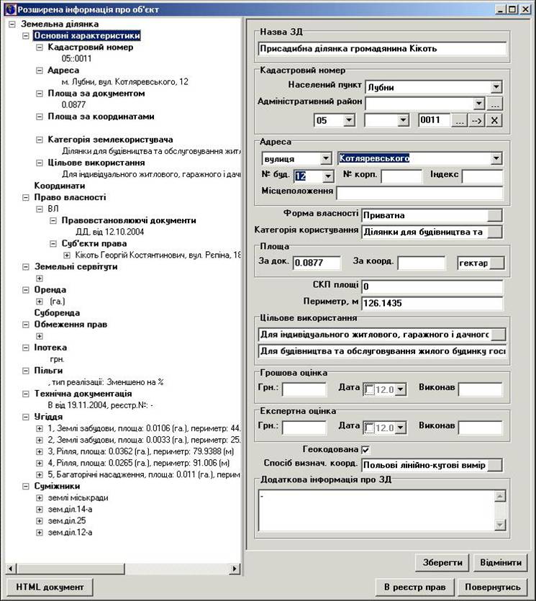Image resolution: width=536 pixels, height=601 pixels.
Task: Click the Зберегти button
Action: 442,561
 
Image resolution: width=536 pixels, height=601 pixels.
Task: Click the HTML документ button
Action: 50,587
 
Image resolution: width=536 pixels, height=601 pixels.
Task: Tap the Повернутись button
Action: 493,587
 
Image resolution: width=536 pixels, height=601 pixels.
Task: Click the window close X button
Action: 526,9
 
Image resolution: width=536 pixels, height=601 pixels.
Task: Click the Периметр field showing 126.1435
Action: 432,302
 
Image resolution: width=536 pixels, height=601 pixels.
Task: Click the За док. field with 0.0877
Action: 317,263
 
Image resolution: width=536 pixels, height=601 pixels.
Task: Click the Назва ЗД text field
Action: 381,49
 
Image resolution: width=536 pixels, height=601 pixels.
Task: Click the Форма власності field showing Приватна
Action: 424,214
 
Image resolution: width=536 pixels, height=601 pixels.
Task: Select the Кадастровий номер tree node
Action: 90,47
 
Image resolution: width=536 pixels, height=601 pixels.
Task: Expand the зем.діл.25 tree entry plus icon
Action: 40,520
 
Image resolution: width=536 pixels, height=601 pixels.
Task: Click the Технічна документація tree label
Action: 83,394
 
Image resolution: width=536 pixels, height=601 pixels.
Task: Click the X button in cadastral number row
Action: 494,120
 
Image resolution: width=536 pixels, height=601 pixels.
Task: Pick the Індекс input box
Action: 481,176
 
